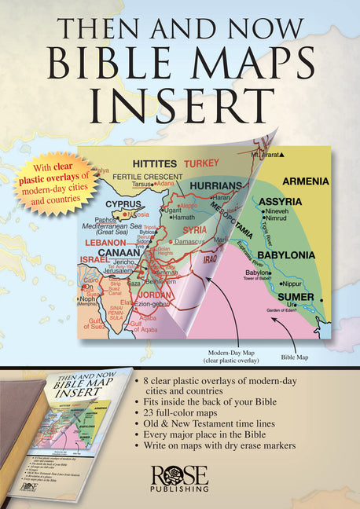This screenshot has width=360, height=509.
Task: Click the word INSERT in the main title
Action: click(180, 101)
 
